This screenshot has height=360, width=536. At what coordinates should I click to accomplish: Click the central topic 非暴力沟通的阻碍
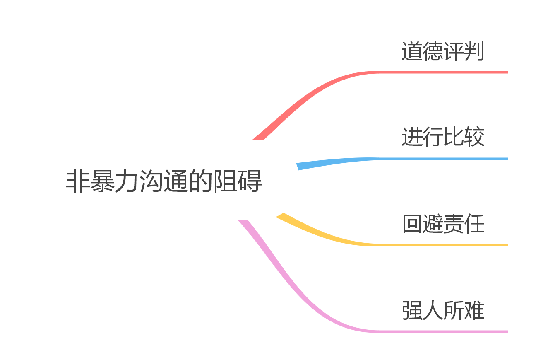pos(164,181)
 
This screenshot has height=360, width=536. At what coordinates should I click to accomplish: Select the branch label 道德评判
pos(443,52)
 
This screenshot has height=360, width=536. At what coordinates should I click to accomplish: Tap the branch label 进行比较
pos(443,137)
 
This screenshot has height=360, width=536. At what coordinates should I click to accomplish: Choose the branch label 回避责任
pos(443,224)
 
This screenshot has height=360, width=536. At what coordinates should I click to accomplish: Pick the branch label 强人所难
pos(443,310)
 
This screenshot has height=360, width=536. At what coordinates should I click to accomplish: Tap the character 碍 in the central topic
pos(250,181)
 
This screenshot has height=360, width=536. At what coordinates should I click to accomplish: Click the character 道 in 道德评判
pos(412,52)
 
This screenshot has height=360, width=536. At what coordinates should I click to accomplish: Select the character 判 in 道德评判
pos(474,52)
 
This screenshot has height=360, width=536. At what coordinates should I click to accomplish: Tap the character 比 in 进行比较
pos(454,137)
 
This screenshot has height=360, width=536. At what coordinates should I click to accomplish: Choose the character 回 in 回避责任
pos(412,224)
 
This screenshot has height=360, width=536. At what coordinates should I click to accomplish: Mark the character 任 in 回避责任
pos(474,224)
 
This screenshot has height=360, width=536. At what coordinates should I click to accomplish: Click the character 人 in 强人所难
pos(433,310)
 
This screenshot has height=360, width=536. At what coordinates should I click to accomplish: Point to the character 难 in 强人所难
pos(474,310)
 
